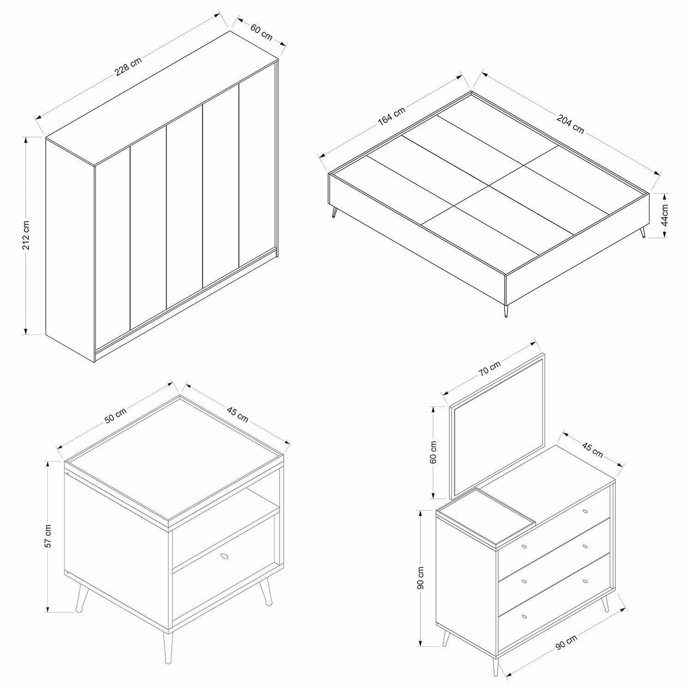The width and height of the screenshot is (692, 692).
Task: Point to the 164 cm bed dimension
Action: pos(392,116)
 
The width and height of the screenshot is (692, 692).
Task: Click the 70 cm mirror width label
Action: pos(489,368)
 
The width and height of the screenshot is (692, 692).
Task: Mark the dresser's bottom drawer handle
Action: pos(524,617)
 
